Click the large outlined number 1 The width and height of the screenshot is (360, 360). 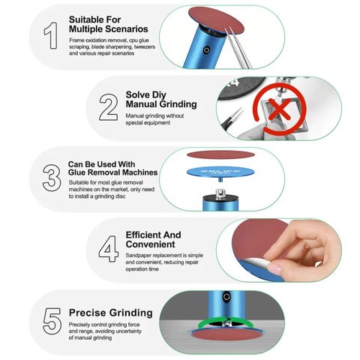[x=51, y=36]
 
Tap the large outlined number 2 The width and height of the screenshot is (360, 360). [x=109, y=107]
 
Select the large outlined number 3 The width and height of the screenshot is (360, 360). [x=52, y=178]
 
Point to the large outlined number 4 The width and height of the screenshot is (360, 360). [x=109, y=249]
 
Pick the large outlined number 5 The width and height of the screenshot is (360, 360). [x=52, y=321]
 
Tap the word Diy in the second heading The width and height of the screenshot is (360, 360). [x=159, y=95]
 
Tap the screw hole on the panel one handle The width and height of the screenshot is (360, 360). [x=206, y=50]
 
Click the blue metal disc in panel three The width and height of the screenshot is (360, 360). [x=220, y=172]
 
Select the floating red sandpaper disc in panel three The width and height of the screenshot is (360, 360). [x=220, y=154]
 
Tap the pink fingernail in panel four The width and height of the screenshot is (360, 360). [x=274, y=269]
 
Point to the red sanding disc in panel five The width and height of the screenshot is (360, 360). [x=227, y=334]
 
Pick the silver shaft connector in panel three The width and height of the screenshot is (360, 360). [x=220, y=193]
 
